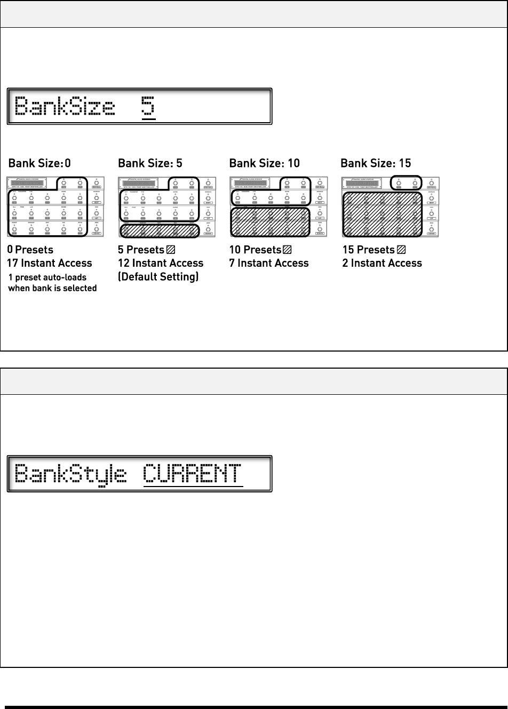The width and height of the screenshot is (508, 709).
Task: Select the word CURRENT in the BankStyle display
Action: click(193, 473)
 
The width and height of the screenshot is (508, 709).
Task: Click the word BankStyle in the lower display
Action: click(70, 474)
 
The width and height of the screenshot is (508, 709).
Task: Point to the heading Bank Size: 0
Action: click(39, 163)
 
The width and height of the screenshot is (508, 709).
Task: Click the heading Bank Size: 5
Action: click(150, 163)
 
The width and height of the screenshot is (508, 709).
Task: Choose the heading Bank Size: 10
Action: click(264, 163)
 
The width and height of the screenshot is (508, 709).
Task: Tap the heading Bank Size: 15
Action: click(376, 163)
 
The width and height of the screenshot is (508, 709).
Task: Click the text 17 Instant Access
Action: click(49, 263)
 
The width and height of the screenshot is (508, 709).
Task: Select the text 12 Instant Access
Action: click(161, 263)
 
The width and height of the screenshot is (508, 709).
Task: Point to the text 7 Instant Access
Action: click(269, 263)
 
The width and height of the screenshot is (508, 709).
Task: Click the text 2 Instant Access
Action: click(382, 263)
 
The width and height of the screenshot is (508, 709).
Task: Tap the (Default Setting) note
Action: click(158, 276)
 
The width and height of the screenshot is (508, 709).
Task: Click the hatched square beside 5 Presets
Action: click(171, 250)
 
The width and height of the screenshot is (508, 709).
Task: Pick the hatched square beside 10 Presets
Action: click(288, 250)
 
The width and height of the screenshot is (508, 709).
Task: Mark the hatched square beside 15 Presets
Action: click(401, 250)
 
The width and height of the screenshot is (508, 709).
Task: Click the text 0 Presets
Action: click(30, 250)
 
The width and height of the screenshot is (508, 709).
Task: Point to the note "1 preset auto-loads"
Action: click(47, 277)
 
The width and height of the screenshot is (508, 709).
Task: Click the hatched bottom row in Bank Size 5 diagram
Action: click(160, 230)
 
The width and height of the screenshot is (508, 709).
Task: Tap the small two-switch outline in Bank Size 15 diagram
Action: click(406, 182)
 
